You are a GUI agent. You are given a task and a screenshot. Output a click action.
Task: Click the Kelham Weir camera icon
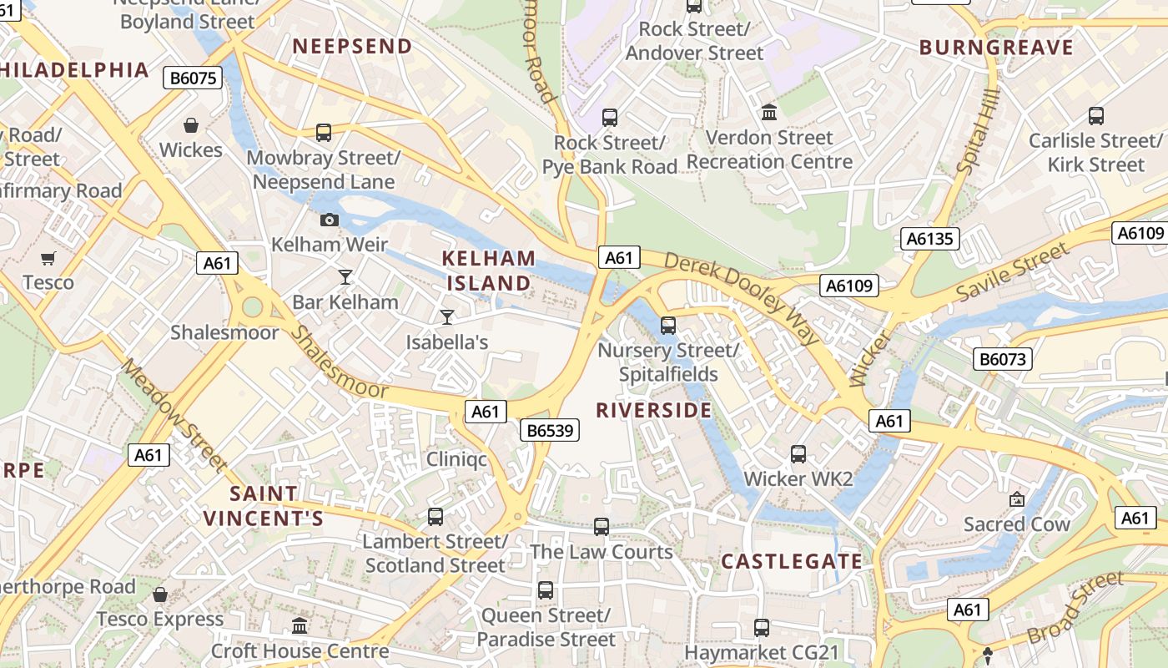[x=330, y=220]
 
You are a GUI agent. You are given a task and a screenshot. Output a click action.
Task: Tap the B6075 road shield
[x=194, y=78]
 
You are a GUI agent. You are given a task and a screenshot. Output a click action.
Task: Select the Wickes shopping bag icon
[x=191, y=125]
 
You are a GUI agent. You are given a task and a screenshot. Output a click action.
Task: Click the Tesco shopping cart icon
[x=48, y=258]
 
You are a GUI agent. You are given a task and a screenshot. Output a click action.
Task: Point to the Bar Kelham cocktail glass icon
[x=345, y=276]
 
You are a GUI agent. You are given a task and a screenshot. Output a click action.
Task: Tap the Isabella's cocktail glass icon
[x=447, y=316]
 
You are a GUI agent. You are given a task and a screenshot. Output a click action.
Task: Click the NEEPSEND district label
[x=353, y=47]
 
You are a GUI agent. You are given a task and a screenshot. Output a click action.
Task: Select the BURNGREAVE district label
[x=996, y=48]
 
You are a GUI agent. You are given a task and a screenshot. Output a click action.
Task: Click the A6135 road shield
[x=929, y=240]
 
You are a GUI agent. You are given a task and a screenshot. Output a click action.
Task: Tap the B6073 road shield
[x=1003, y=360]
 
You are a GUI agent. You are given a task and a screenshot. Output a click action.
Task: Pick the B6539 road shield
[x=550, y=431]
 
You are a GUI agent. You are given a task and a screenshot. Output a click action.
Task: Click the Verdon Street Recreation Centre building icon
[x=769, y=112]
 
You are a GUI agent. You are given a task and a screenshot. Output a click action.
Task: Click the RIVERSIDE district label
[x=654, y=410]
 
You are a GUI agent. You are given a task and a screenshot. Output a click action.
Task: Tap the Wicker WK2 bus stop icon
[x=798, y=454]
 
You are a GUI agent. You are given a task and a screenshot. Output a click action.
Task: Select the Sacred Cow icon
[x=1016, y=499]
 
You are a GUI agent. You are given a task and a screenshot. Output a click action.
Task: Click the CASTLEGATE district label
[x=791, y=561]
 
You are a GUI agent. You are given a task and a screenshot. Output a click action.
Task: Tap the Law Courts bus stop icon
[x=602, y=527]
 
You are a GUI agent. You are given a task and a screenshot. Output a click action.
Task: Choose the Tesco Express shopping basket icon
[x=160, y=595]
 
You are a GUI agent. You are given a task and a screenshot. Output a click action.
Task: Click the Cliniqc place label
[x=456, y=459]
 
